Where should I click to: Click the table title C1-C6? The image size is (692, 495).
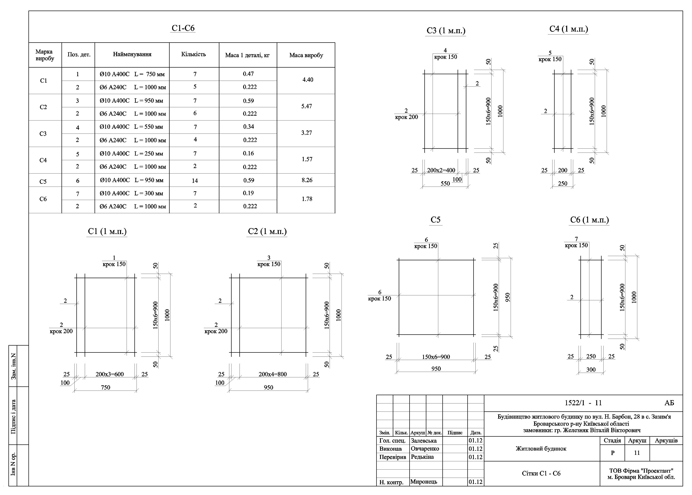(183, 28)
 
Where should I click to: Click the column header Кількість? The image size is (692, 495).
(194, 54)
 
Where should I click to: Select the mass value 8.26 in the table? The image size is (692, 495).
(307, 180)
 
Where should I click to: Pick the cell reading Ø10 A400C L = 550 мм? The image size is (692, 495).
(131, 127)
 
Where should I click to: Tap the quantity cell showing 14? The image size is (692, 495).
(195, 181)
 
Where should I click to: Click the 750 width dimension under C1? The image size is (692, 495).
(105, 387)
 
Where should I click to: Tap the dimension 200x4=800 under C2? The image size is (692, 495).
(273, 374)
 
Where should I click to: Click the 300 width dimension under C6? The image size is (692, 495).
(591, 370)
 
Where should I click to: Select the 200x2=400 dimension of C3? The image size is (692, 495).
(441, 170)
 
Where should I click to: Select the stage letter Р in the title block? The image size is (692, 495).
(613, 453)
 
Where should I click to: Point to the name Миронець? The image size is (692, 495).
(424, 482)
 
